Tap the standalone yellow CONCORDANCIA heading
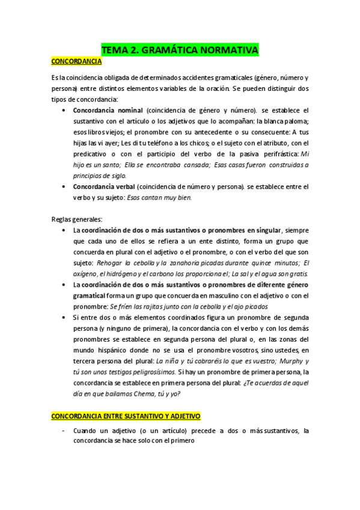pyautogui.click(x=77, y=61)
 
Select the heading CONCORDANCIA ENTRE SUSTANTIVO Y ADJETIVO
pyautogui.click(x=126, y=416)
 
